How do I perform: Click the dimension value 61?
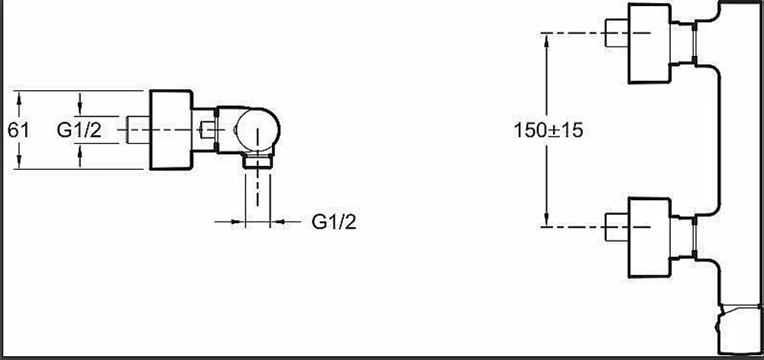click(18, 131)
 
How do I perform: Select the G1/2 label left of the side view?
click(79, 130)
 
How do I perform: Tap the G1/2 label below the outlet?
click(334, 222)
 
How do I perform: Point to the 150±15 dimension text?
click(548, 130)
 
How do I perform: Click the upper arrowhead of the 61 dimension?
click(19, 97)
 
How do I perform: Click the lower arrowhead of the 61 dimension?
click(19, 163)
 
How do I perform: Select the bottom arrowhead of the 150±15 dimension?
click(547, 219)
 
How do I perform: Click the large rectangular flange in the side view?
click(170, 130)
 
